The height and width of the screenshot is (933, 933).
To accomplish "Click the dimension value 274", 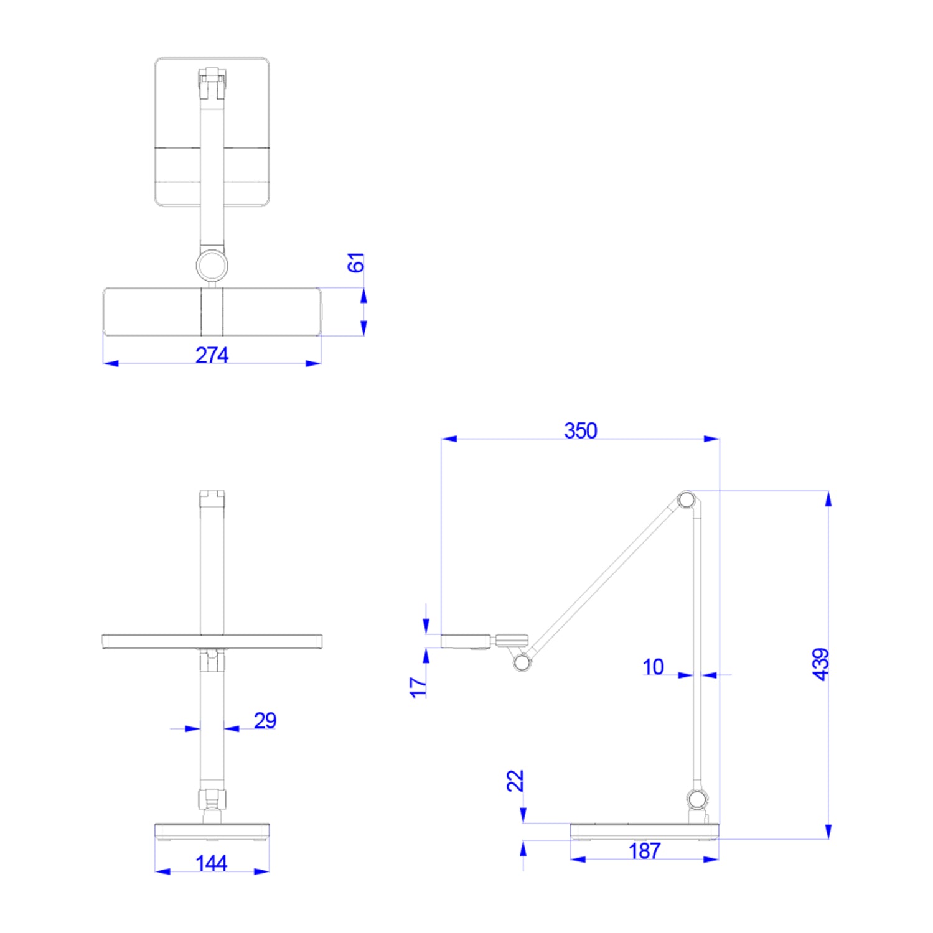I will coord(212,355).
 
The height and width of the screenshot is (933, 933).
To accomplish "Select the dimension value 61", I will coord(355,262).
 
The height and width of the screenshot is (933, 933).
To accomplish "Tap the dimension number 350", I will coord(580,430).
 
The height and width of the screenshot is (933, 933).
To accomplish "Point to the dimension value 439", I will coord(821,664).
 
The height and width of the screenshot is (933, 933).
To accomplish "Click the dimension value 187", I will coord(644,851).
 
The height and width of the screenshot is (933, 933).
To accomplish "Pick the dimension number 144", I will coord(211,863).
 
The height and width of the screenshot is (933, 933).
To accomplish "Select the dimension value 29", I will coord(265,720).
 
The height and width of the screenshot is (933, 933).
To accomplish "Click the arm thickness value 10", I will coord(653,667).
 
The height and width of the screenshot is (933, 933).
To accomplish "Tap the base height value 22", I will coord(515,781).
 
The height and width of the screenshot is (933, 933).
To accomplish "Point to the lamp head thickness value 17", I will coord(418,687).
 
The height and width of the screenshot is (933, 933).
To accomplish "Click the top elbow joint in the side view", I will coord(686,499).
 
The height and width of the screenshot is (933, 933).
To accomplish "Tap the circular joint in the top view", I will coord(212,266).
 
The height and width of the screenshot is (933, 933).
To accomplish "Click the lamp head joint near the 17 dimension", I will coord(522,662).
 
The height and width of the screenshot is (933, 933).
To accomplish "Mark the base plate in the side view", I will coord(644,830).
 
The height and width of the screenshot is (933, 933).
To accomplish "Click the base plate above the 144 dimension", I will coord(212,830).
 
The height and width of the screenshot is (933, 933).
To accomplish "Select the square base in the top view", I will coord(212,131).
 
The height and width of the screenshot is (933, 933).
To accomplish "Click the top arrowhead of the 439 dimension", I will coord(828,498).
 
